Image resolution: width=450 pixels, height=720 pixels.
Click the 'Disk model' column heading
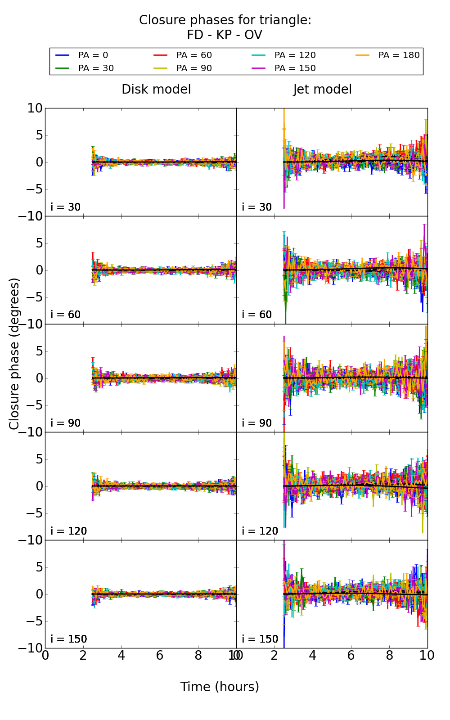click(156, 90)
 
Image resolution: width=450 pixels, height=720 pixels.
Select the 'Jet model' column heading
click(322, 90)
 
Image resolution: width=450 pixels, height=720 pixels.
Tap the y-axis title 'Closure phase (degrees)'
click(14, 354)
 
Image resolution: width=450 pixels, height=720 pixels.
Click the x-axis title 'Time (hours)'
click(220, 687)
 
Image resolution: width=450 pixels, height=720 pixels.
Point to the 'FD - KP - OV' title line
click(225, 35)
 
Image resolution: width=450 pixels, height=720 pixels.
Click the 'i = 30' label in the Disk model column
click(66, 207)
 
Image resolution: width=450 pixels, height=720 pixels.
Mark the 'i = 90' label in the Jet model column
click(257, 423)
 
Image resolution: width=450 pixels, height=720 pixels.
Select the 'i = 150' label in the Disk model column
click(69, 639)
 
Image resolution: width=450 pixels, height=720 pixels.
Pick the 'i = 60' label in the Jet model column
click(257, 315)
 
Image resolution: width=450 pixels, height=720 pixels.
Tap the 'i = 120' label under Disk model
click(69, 531)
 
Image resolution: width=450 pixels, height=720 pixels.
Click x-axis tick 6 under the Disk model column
click(160, 656)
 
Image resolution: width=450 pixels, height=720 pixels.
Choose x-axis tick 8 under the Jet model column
click(389, 656)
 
